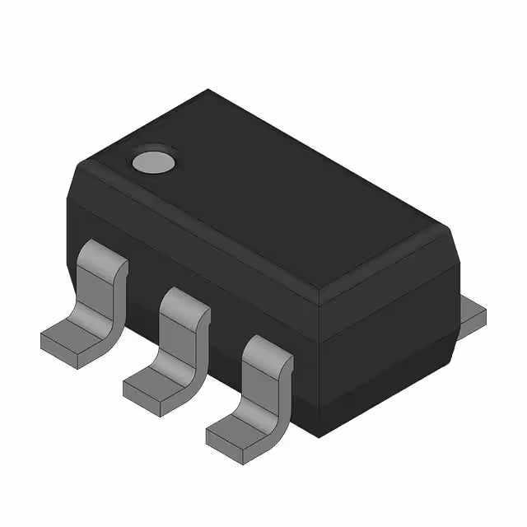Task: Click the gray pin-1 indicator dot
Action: [x=154, y=161]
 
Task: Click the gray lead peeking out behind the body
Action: [x=472, y=314]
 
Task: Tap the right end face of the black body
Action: [x=387, y=329]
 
